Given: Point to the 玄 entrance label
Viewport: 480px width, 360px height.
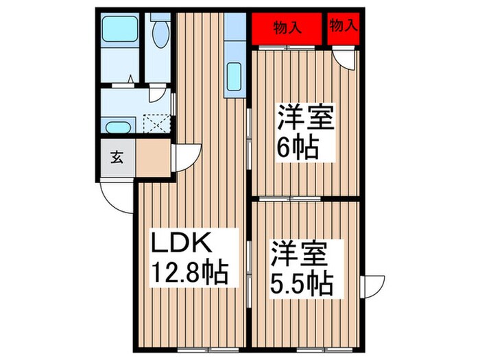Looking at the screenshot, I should pyautogui.click(x=117, y=157).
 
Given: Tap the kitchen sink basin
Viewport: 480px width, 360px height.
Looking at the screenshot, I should pyautogui.click(x=234, y=73).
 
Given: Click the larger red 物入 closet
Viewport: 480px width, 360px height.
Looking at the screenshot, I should pyautogui.click(x=286, y=29).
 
